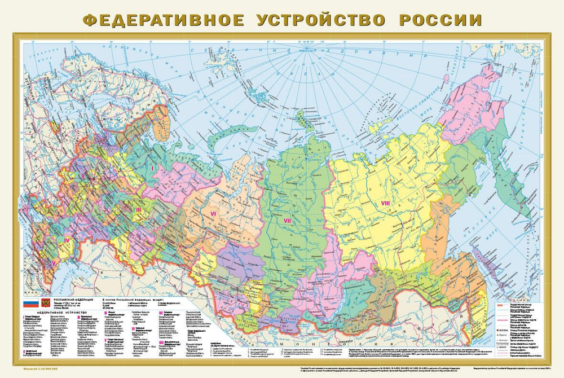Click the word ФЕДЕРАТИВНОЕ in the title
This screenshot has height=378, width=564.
point(163,20)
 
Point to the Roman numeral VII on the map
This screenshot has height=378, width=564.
point(287,221)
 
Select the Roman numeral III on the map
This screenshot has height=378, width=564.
point(138,209)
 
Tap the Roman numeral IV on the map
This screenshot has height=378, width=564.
point(66,240)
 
